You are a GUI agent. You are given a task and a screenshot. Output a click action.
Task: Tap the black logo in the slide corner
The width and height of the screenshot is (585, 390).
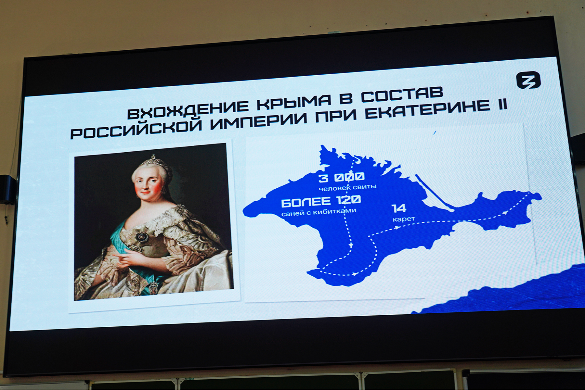click(x=528, y=81)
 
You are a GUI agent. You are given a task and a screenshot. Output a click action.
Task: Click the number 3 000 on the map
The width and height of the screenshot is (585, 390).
click(x=341, y=177)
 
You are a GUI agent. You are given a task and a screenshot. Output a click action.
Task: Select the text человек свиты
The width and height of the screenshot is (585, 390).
click(x=347, y=187)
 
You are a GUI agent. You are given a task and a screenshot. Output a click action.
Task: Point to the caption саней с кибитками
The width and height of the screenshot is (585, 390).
click(x=319, y=212)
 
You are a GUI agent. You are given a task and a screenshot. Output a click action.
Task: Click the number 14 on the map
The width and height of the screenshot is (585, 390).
click(x=399, y=208)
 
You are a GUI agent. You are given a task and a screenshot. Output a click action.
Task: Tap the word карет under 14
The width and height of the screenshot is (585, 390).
click(x=404, y=220)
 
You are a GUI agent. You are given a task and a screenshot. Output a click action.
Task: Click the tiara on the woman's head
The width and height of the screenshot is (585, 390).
click(x=153, y=160)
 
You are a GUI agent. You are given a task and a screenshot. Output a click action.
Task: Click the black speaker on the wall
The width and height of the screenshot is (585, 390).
click(x=8, y=190)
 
